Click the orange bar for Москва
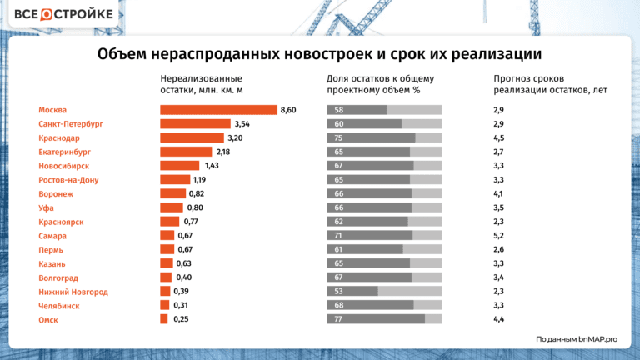pyautogui.click(x=218, y=110)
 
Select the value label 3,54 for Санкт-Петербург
pyautogui.click(x=242, y=124)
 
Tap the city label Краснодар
pyautogui.click(x=59, y=138)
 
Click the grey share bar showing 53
pyautogui.click(x=383, y=292)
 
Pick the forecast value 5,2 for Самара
pyautogui.click(x=498, y=236)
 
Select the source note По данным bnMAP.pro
pyautogui.click(x=576, y=339)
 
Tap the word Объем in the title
pyautogui.click(x=122, y=54)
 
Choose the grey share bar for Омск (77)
pyautogui.click(x=383, y=319)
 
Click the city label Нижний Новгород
pyautogui.click(x=73, y=292)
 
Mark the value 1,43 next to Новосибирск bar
pyautogui.click(x=212, y=166)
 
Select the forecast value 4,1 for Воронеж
pyautogui.click(x=498, y=194)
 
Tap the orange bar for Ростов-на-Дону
pyautogui.click(x=175, y=180)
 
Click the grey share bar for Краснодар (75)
pyautogui.click(x=383, y=138)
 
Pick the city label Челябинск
pyautogui.click(x=59, y=306)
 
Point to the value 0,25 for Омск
pyautogui.click(x=182, y=319)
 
